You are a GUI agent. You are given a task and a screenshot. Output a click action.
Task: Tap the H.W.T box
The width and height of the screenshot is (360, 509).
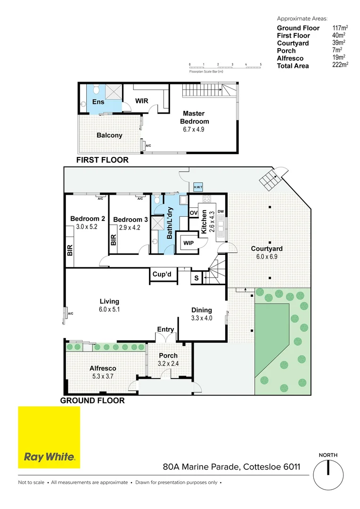(198, 188)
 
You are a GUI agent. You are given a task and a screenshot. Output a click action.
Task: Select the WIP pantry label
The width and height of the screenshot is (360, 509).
(188, 243)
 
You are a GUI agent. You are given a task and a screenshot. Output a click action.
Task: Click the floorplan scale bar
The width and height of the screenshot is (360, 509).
(225, 66)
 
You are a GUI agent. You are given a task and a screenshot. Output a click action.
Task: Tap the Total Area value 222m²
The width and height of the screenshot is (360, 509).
(340, 66)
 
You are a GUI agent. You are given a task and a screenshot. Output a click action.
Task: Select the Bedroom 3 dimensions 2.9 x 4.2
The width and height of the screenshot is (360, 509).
(127, 227)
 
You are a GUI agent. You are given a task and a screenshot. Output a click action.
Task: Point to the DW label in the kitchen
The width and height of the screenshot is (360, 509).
(221, 212)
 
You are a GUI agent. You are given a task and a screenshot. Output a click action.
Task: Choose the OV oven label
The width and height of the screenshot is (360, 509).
(193, 213)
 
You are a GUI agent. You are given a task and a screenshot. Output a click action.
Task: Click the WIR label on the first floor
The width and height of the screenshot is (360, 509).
(142, 101)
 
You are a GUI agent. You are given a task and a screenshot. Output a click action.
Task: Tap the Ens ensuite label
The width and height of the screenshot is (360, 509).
(98, 102)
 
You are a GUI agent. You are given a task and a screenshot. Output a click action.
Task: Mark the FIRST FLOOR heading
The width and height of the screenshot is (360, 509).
(102, 160)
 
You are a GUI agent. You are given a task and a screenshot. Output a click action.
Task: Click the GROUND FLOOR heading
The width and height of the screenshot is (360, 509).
(92, 401)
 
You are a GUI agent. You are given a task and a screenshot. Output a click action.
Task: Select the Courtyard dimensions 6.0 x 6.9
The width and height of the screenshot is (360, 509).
(267, 257)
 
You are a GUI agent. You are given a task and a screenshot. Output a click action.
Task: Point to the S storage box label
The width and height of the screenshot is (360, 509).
(196, 278)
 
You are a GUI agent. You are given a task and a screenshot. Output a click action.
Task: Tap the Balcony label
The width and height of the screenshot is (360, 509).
(109, 135)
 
